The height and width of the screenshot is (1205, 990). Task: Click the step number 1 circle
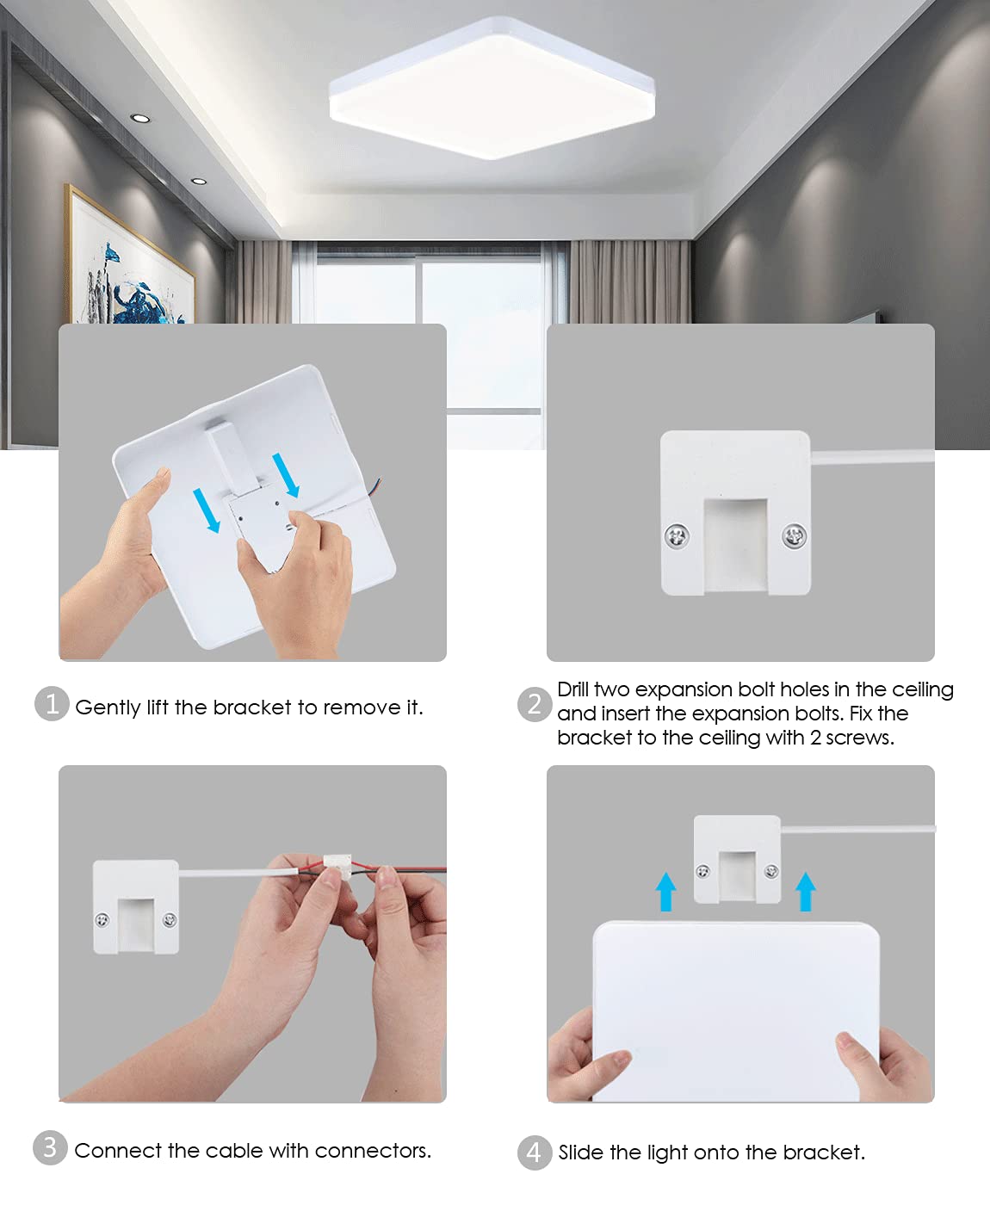click(52, 704)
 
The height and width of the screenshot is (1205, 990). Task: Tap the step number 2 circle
click(535, 704)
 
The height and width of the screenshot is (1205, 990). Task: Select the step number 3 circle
click(50, 1147)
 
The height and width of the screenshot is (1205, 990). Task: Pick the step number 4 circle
click(535, 1152)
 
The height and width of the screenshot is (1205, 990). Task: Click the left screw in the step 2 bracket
click(678, 536)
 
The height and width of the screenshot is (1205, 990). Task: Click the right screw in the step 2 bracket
click(794, 536)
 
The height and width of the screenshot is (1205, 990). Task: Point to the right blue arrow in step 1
click(286, 475)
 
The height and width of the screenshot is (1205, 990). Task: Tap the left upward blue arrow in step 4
click(665, 891)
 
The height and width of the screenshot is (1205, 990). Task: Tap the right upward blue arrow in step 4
click(805, 891)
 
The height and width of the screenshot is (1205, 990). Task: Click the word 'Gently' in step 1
click(108, 708)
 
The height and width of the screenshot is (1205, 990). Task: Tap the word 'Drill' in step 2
click(573, 689)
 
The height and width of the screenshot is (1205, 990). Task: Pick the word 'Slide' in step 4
click(582, 1152)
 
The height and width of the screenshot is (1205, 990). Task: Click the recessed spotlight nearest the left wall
click(140, 118)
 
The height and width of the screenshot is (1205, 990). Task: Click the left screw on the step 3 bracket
click(102, 919)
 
